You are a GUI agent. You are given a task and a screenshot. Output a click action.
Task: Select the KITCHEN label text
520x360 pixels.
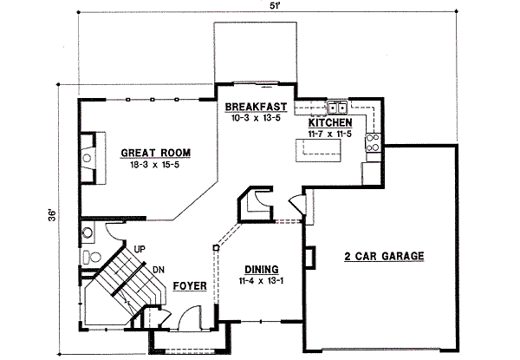[x=331, y=123]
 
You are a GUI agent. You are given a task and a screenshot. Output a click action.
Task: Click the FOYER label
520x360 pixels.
[x=189, y=285]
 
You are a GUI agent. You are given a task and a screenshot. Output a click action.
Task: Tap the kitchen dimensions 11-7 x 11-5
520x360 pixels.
[x=331, y=134]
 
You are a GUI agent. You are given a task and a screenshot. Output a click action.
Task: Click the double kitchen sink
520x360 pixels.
[x=337, y=108]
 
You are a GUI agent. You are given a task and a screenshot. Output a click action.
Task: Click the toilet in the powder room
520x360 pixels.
[x=88, y=257]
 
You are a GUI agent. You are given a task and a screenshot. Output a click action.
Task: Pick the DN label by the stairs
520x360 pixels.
[x=159, y=270]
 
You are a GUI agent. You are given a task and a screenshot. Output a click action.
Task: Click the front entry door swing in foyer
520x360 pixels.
[x=177, y=321]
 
